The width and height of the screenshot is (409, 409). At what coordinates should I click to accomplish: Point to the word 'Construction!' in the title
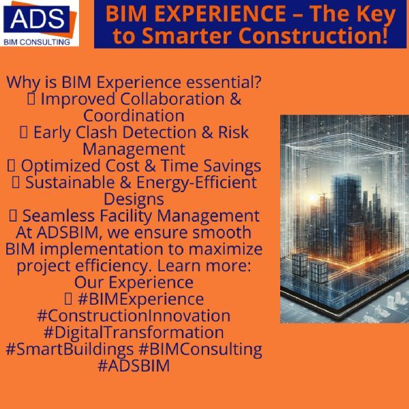click(310, 35)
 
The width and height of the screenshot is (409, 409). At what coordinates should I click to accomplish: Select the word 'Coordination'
click(134, 116)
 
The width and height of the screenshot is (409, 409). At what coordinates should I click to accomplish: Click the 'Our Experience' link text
click(134, 282)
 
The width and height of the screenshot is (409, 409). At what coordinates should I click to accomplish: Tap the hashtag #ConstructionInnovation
click(134, 316)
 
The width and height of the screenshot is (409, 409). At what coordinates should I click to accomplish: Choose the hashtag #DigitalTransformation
click(134, 333)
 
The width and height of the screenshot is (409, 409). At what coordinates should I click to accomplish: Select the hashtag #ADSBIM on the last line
click(134, 366)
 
